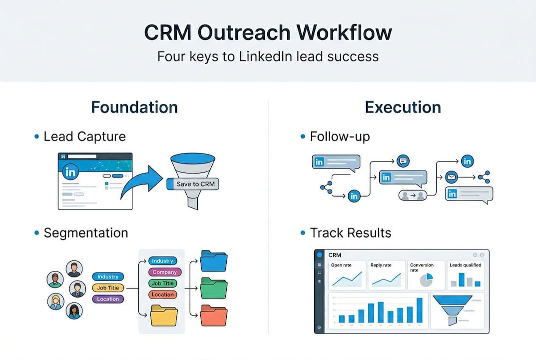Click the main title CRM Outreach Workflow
[268, 32]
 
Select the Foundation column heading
[134, 107]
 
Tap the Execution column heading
[403, 107]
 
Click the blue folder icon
[213, 261]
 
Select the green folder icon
[213, 287]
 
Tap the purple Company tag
[165, 272]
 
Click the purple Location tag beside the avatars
[108, 299]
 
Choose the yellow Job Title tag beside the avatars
[108, 288]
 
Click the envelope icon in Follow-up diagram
[452, 177]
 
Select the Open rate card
[347, 275]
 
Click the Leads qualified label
[465, 265]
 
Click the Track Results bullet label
[350, 232]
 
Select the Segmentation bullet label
[85, 232]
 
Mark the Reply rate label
[380, 265]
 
